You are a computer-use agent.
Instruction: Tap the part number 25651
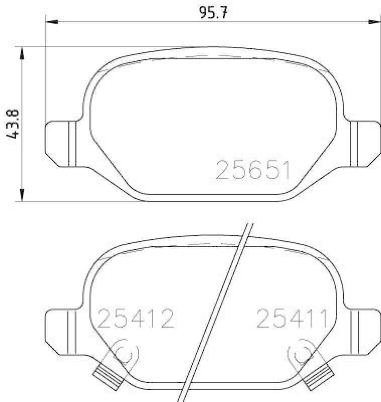tap(253, 170)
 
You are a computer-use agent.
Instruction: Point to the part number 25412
tap(136, 318)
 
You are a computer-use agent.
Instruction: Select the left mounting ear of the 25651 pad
tap(61, 144)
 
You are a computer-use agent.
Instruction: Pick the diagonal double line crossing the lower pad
tap(218, 312)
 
